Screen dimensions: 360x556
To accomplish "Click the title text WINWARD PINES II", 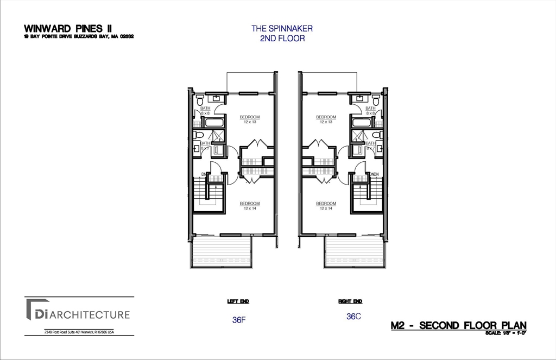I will coord(68,28).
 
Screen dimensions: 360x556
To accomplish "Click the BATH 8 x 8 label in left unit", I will coord(205,111).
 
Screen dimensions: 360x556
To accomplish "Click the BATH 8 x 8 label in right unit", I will coord(370,111).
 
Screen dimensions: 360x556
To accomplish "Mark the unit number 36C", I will coord(353,316).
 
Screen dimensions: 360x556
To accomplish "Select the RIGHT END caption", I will coord(350,301).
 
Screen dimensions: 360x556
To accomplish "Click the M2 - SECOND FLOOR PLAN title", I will coord(458,326).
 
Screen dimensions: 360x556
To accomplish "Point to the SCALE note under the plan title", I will coord(506,333).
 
